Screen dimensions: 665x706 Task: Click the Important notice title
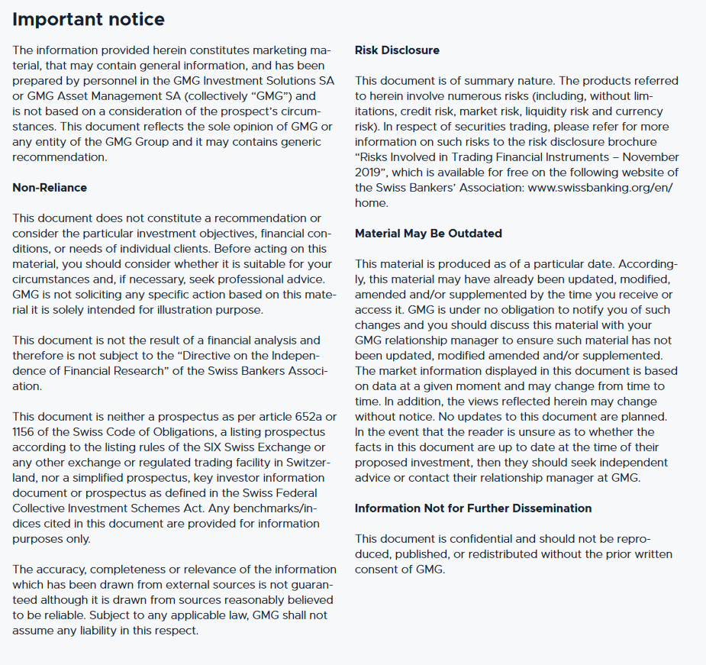pos(89,19)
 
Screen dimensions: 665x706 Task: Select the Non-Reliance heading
pos(50,187)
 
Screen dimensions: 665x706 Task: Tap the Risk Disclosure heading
pos(397,50)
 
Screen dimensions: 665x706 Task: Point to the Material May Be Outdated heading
pos(428,233)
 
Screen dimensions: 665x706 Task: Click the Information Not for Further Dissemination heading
pos(473,508)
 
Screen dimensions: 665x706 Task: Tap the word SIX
pos(218,447)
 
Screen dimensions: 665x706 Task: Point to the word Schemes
pos(141,508)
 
